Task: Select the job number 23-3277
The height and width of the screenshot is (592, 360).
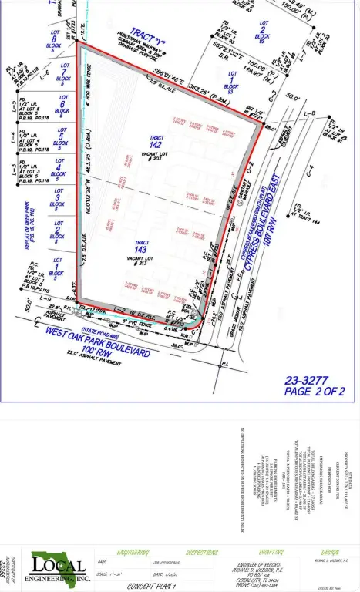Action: click(x=307, y=379)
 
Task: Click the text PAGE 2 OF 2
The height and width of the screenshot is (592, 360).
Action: click(x=308, y=392)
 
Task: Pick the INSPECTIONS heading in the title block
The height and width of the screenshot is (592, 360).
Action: click(x=204, y=553)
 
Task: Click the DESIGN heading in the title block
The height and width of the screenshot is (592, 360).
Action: click(x=328, y=553)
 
